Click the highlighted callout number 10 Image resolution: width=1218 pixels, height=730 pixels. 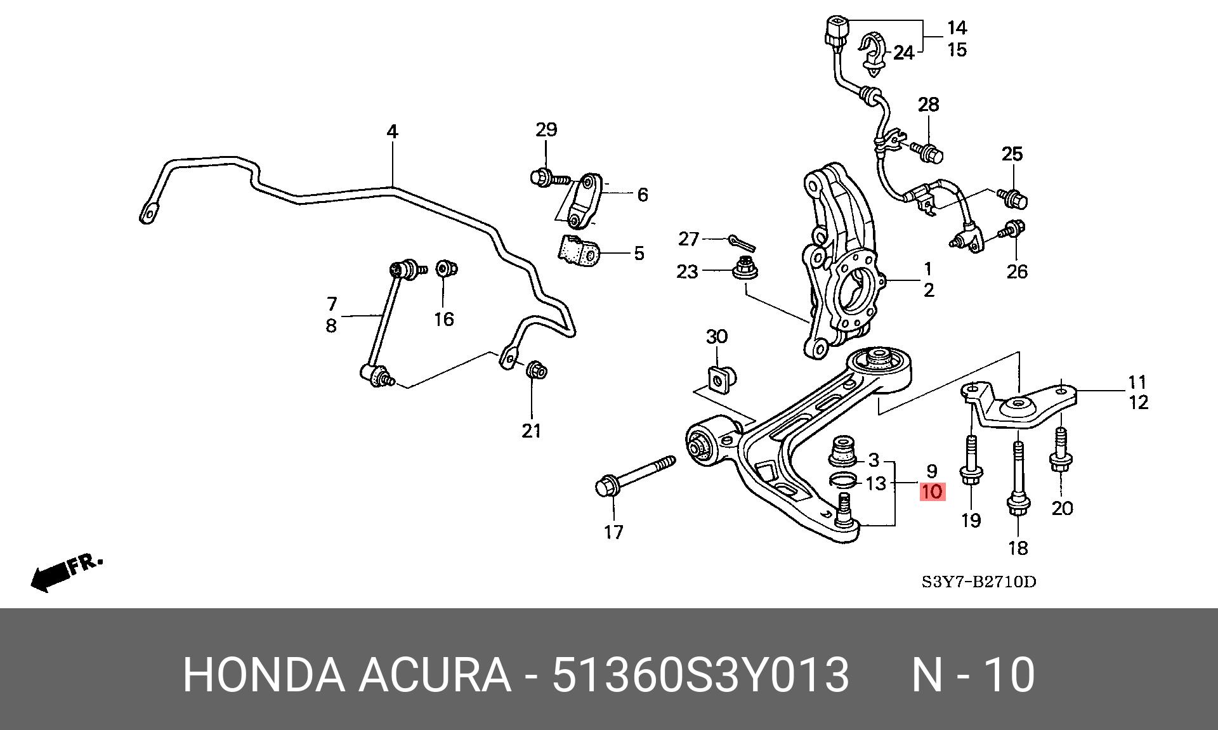pyautogui.click(x=933, y=492)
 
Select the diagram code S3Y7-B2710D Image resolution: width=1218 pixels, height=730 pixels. pyautogui.click(x=978, y=581)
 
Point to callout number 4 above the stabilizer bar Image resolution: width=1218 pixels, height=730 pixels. pyautogui.click(x=392, y=132)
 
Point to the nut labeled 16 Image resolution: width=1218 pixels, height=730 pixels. pyautogui.click(x=447, y=269)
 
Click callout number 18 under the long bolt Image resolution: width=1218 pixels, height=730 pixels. pyautogui.click(x=1018, y=547)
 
